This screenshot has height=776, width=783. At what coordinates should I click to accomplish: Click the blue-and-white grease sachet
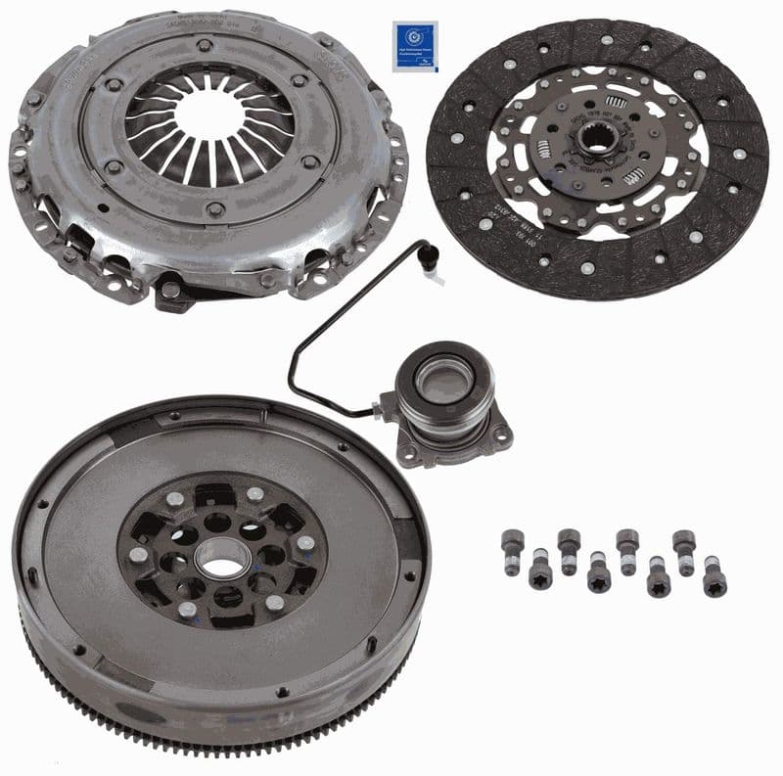click(x=414, y=45)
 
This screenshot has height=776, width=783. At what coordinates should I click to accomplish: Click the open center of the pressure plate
click(x=210, y=115)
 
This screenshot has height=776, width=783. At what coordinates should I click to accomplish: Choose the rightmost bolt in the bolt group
click(x=714, y=581)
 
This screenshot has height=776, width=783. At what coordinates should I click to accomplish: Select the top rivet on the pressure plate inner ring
click(x=204, y=46)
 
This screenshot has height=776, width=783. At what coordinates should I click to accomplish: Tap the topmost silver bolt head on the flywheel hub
click(x=254, y=494)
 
